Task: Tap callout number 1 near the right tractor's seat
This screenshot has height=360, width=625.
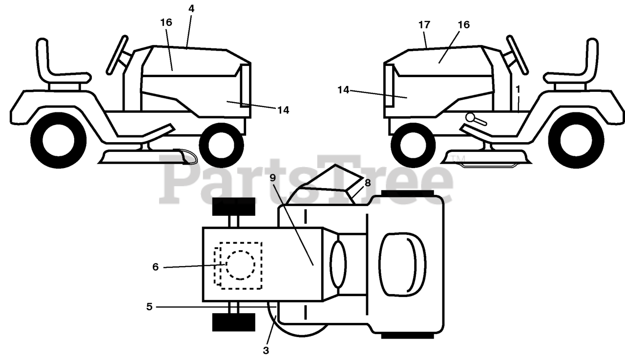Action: pyautogui.click(x=518, y=89)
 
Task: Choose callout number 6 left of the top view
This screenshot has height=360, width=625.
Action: pyautogui.click(x=155, y=267)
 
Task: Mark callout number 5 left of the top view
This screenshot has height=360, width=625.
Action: pyautogui.click(x=149, y=307)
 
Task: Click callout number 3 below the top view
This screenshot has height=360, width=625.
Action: pyautogui.click(x=266, y=350)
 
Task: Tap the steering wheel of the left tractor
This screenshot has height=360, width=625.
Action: pyautogui.click(x=118, y=53)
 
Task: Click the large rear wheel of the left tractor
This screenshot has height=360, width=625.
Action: pyautogui.click(x=58, y=141)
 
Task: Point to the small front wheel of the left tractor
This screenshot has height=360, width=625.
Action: pyautogui.click(x=222, y=145)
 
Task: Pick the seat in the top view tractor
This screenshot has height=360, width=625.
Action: pyautogui.click(x=403, y=264)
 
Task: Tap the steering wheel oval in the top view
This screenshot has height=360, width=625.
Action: pyautogui.click(x=337, y=264)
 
